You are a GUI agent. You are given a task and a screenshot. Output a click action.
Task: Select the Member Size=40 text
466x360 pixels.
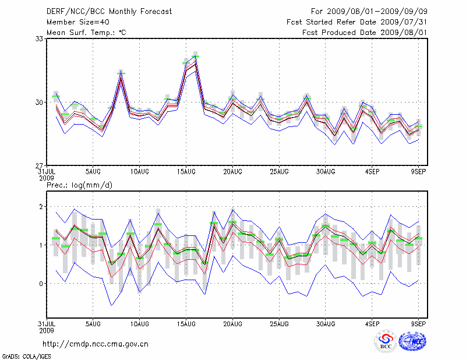tap(77, 22)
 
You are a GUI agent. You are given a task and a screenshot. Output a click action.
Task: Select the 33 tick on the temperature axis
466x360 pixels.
tap(40, 38)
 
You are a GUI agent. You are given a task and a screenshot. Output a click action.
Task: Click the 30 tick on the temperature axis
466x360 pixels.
tap(40, 102)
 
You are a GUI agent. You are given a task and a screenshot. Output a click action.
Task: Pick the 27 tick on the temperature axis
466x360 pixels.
tap(40, 165)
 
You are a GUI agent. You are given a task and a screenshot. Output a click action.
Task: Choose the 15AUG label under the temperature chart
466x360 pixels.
tap(186, 171)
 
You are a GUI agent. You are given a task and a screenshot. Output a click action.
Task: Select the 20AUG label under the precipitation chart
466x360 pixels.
tap(232, 324)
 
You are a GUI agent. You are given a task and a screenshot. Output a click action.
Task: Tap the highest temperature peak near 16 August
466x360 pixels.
tap(196, 57)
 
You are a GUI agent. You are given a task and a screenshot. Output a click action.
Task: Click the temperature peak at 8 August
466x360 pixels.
tap(121, 73)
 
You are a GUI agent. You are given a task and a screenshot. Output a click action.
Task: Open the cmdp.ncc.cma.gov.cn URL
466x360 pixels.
tap(96, 344)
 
